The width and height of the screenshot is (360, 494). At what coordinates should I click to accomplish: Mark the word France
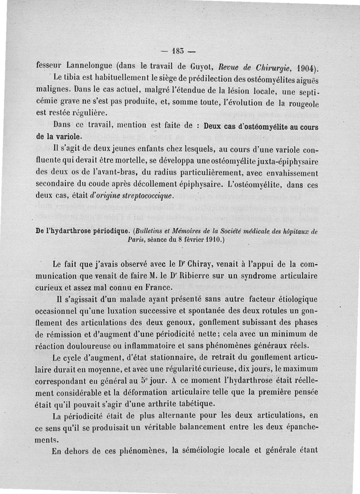pyautogui.click(x=146, y=286)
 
